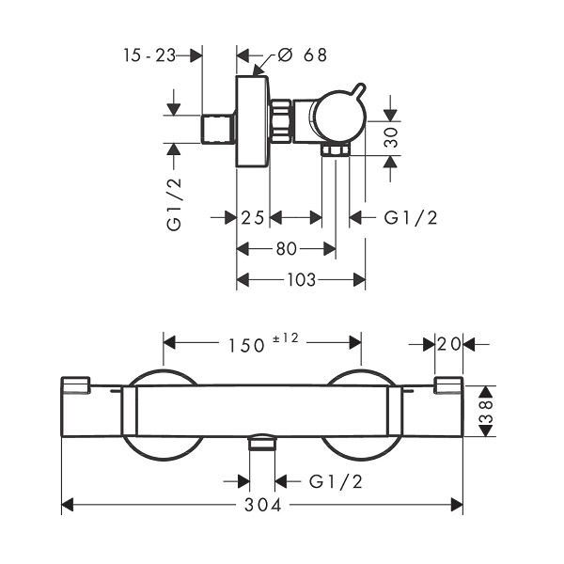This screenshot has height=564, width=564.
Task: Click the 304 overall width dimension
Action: pyautogui.click(x=262, y=505)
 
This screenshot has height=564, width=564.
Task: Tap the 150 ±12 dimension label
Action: pyautogui.click(x=263, y=343)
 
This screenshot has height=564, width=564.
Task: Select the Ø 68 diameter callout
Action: pyautogui.click(x=302, y=55)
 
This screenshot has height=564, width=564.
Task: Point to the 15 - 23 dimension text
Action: pyautogui.click(x=149, y=55)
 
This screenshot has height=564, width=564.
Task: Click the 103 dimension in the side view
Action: pyautogui.click(x=301, y=279)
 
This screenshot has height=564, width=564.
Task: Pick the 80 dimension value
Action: pyautogui.click(x=287, y=248)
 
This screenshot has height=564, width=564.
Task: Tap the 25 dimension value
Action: pyautogui.click(x=253, y=218)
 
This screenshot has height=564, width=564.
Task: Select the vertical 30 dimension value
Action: pyautogui.click(x=391, y=137)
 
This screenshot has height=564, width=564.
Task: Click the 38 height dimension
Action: pyautogui.click(x=486, y=411)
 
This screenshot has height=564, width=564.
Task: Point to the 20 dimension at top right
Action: pyautogui.click(x=449, y=344)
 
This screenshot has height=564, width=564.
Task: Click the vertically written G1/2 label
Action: pyautogui.click(x=174, y=204)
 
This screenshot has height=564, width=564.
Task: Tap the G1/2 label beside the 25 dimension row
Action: pyautogui.click(x=411, y=218)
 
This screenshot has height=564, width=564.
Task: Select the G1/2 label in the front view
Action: pyautogui.click(x=336, y=481)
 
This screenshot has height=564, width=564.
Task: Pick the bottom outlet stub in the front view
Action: pyautogui.click(x=262, y=442)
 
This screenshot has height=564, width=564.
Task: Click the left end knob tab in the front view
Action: pyautogui.click(x=75, y=384)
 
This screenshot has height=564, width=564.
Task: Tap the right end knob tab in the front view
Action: pyautogui.click(x=448, y=385)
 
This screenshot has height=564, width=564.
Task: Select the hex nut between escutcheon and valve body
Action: pyautogui.click(x=281, y=121)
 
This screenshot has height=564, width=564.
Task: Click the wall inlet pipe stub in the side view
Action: pyautogui.click(x=217, y=129)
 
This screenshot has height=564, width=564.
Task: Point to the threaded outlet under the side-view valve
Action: pyautogui.click(x=336, y=150)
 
